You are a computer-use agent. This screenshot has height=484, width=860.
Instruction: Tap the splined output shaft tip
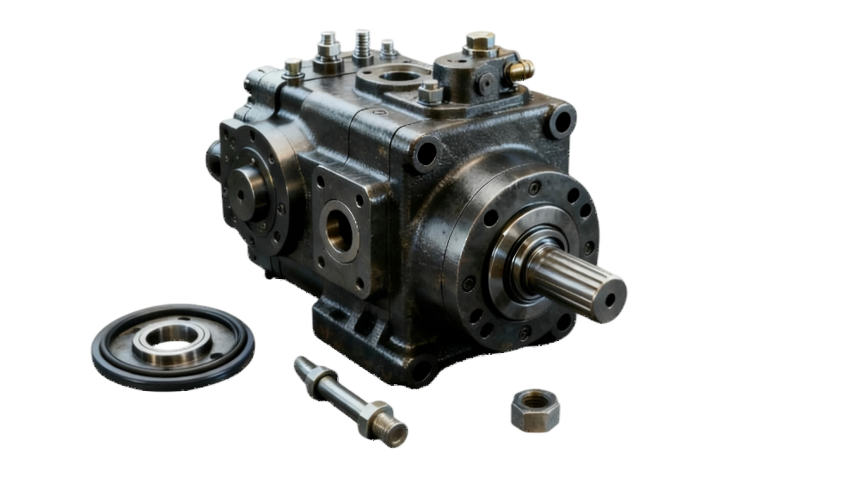click(x=605, y=293)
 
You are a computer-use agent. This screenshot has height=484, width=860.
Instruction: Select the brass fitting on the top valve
click(x=521, y=69)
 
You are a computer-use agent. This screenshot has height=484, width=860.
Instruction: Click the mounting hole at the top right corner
click(x=562, y=121)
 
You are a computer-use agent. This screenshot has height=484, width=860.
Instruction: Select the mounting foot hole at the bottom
click(x=418, y=370)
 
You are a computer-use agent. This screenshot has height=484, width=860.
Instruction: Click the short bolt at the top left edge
click(x=293, y=65)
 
